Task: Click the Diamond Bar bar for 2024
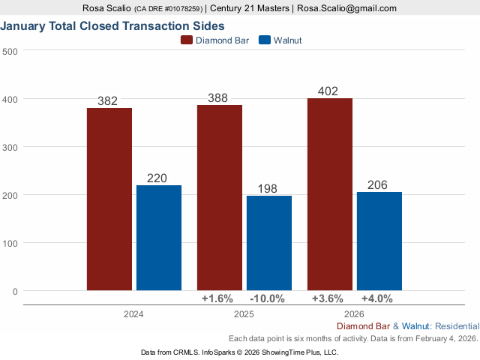coord(109,199)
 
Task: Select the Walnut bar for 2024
coord(159,238)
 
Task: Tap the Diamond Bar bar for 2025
coord(220,197)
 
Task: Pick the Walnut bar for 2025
coord(269,243)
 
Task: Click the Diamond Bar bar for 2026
coord(330,194)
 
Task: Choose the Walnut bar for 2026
coord(379,241)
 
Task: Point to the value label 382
coord(109,101)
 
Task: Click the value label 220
coord(159,178)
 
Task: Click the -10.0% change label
coord(266,298)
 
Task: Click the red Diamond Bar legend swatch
coord(187,40)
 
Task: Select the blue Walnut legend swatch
coord(264,40)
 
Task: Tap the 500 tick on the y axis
coord(10,51)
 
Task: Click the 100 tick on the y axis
coord(10,243)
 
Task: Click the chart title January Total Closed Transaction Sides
coord(119,26)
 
